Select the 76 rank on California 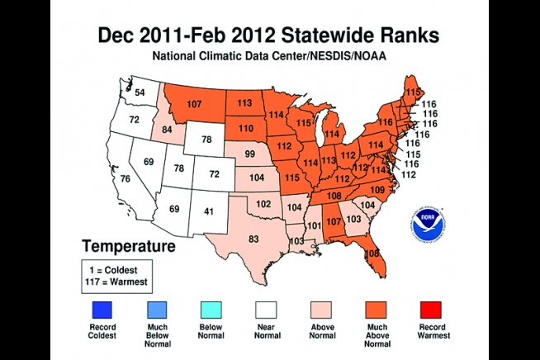tap(126, 179)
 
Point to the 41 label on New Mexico tap(209, 211)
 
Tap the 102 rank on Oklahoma tap(263, 203)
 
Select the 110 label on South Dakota tap(246, 128)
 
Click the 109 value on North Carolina tap(377, 190)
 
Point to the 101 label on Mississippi tap(314, 225)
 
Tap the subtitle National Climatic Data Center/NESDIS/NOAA tap(269, 57)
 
